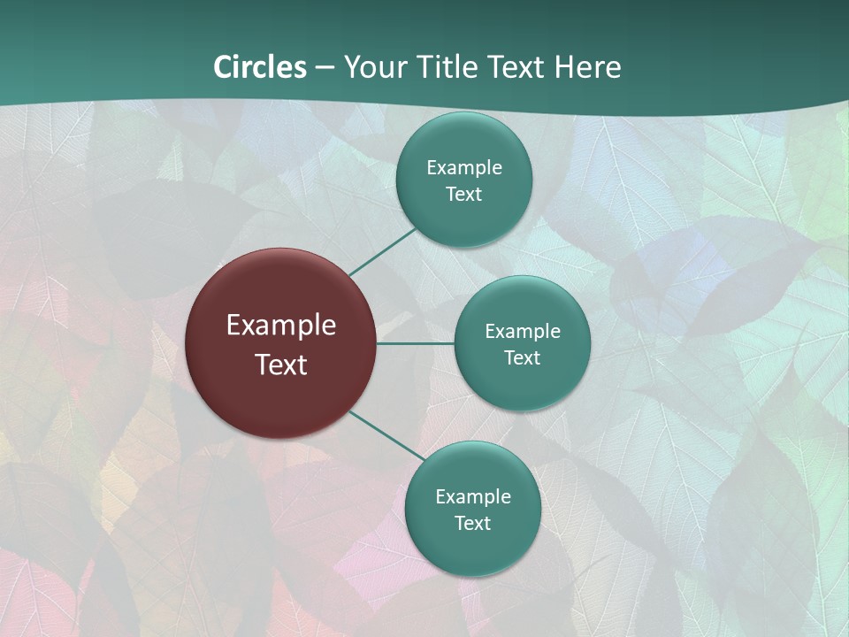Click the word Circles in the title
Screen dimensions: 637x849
pyautogui.click(x=259, y=67)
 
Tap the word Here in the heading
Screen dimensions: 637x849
pyautogui.click(x=587, y=67)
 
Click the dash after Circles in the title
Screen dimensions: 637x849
pyautogui.click(x=325, y=68)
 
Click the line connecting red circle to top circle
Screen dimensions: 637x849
pyautogui.click(x=382, y=251)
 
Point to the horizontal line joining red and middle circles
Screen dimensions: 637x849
pyautogui.click(x=416, y=343)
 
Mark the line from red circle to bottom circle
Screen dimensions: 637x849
pyautogui.click(x=386, y=435)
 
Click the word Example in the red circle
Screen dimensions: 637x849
pyautogui.click(x=281, y=326)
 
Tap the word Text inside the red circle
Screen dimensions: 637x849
pyautogui.click(x=281, y=365)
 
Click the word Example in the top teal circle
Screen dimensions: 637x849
pyautogui.click(x=464, y=167)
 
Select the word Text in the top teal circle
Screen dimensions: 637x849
pyautogui.click(x=464, y=194)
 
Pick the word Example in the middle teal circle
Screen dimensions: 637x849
pyautogui.click(x=523, y=331)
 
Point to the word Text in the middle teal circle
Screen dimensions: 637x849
pyautogui.click(x=523, y=357)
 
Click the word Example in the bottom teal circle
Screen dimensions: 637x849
pyautogui.click(x=473, y=496)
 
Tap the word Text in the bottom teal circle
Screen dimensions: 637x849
pyautogui.click(x=473, y=523)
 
